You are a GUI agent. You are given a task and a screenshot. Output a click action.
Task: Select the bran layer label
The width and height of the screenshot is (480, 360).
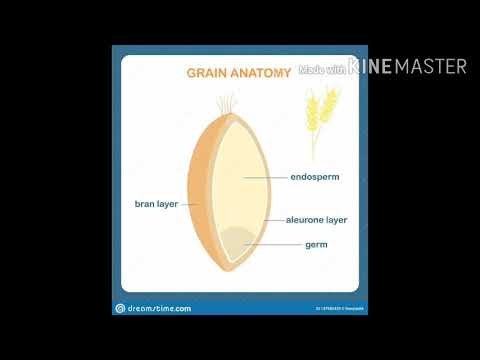point(156,203)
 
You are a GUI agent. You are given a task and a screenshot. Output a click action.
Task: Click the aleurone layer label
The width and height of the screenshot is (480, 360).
point(316,219)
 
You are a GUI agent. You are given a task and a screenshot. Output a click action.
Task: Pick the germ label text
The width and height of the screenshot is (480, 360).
point(316,243)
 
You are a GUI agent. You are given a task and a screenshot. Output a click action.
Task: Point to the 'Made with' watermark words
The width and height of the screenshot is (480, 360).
point(322,69)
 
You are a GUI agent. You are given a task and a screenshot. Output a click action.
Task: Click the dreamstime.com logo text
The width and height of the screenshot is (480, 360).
point(160,308)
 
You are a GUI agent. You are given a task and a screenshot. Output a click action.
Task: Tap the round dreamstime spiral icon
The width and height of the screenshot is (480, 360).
point(121,308)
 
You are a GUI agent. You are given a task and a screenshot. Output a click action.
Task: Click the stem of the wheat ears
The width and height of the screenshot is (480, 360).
point(314,145)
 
